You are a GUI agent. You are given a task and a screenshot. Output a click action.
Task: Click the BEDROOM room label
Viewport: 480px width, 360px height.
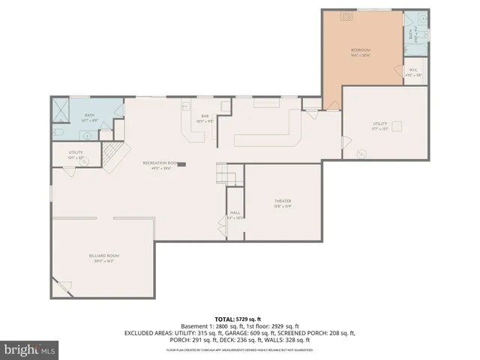pos(361,51)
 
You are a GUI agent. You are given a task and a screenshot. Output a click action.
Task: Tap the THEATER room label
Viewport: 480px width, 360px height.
pos(283,201)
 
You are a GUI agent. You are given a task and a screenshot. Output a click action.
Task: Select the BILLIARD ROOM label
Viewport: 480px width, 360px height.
pos(104,256)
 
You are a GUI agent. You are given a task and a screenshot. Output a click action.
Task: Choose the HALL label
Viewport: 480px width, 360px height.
pos(235,213)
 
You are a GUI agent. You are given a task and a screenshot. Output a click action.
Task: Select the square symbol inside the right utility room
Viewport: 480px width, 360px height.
pos(398,126)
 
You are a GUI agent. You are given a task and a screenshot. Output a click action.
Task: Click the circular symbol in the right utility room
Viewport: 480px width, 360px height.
pos(362,153)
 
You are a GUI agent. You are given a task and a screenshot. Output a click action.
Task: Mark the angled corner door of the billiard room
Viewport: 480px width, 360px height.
pos(63,287)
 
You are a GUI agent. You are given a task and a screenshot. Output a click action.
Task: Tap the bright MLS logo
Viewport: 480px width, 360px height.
pos(30,349)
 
